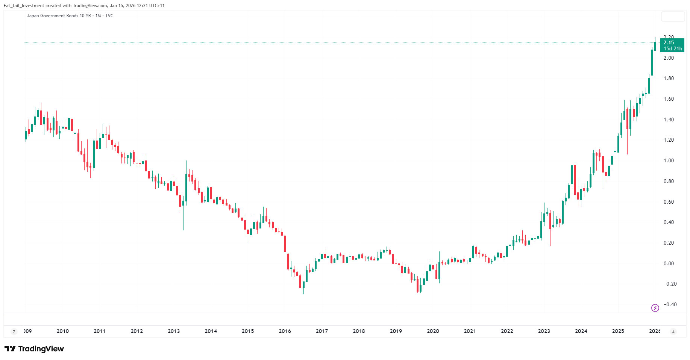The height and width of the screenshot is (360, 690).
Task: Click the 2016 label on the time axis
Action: pyautogui.click(x=285, y=331)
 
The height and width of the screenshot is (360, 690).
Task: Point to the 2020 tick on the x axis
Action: pyautogui.click(x=433, y=331)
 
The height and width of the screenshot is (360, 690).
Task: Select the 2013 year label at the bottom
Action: pyautogui.click(x=174, y=331)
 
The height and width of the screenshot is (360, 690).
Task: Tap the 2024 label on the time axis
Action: pyautogui.click(x=581, y=331)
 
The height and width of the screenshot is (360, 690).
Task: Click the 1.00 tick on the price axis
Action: pyautogui.click(x=669, y=160)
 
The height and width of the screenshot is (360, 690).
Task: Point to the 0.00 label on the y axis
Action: pyautogui.click(x=669, y=263)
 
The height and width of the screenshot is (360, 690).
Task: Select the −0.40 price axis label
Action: pyautogui.click(x=669, y=304)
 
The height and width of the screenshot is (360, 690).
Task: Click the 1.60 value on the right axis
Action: pyautogui.click(x=669, y=99)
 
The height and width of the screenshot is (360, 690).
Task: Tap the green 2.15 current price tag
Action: pyautogui.click(x=669, y=42)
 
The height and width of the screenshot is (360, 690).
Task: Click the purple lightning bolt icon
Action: pyautogui.click(x=655, y=308)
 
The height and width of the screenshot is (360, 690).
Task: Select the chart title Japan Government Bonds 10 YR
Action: pyautogui.click(x=59, y=16)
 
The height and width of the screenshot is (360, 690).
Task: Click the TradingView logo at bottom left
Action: pyautogui.click(x=34, y=349)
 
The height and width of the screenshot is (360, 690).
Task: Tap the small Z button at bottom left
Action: pyautogui.click(x=14, y=332)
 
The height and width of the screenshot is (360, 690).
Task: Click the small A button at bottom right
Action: pyautogui.click(x=673, y=332)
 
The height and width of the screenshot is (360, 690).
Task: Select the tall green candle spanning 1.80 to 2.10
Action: pyautogui.click(x=652, y=62)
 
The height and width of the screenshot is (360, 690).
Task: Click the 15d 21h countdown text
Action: pyautogui.click(x=673, y=48)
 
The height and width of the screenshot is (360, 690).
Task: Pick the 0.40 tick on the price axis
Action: pyautogui.click(x=669, y=222)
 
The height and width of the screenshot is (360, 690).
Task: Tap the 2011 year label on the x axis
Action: pyautogui.click(x=100, y=331)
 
